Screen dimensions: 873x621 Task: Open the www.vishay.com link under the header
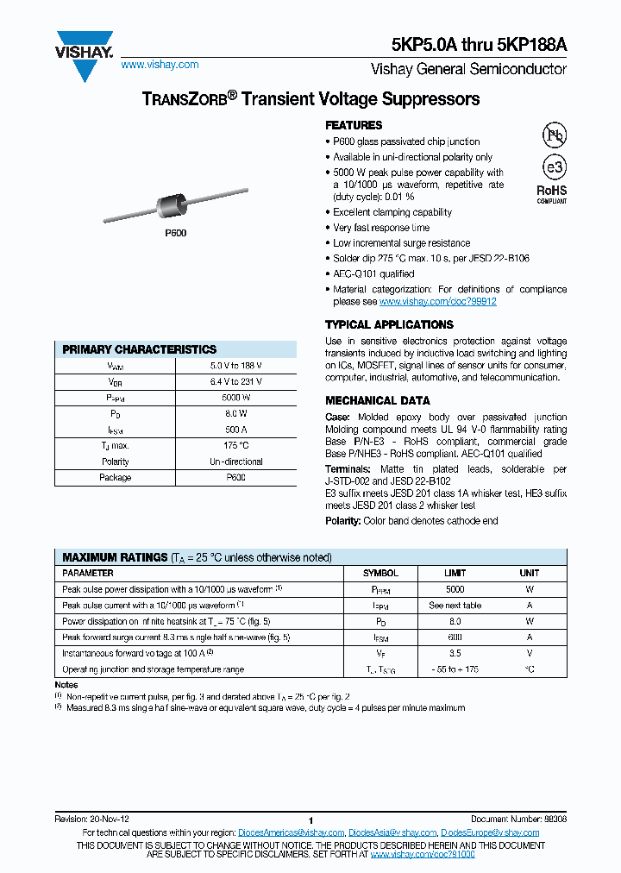point(160,65)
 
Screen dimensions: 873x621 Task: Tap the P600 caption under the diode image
point(175,233)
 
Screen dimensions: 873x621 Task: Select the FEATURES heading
point(354,125)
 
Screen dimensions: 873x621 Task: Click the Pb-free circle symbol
point(553,135)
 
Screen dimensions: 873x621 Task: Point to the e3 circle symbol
point(553,167)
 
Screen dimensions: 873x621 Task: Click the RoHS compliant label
point(552,193)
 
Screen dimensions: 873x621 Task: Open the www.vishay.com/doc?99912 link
point(437,302)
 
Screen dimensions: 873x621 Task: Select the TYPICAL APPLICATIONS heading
point(389,324)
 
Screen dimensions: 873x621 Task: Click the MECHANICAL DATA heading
point(377,400)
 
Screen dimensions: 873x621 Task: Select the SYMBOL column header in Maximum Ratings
point(380,573)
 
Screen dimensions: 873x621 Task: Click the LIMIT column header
point(455,573)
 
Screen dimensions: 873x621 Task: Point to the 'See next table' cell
point(455,605)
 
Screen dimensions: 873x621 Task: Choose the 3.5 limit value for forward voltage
point(455,653)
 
